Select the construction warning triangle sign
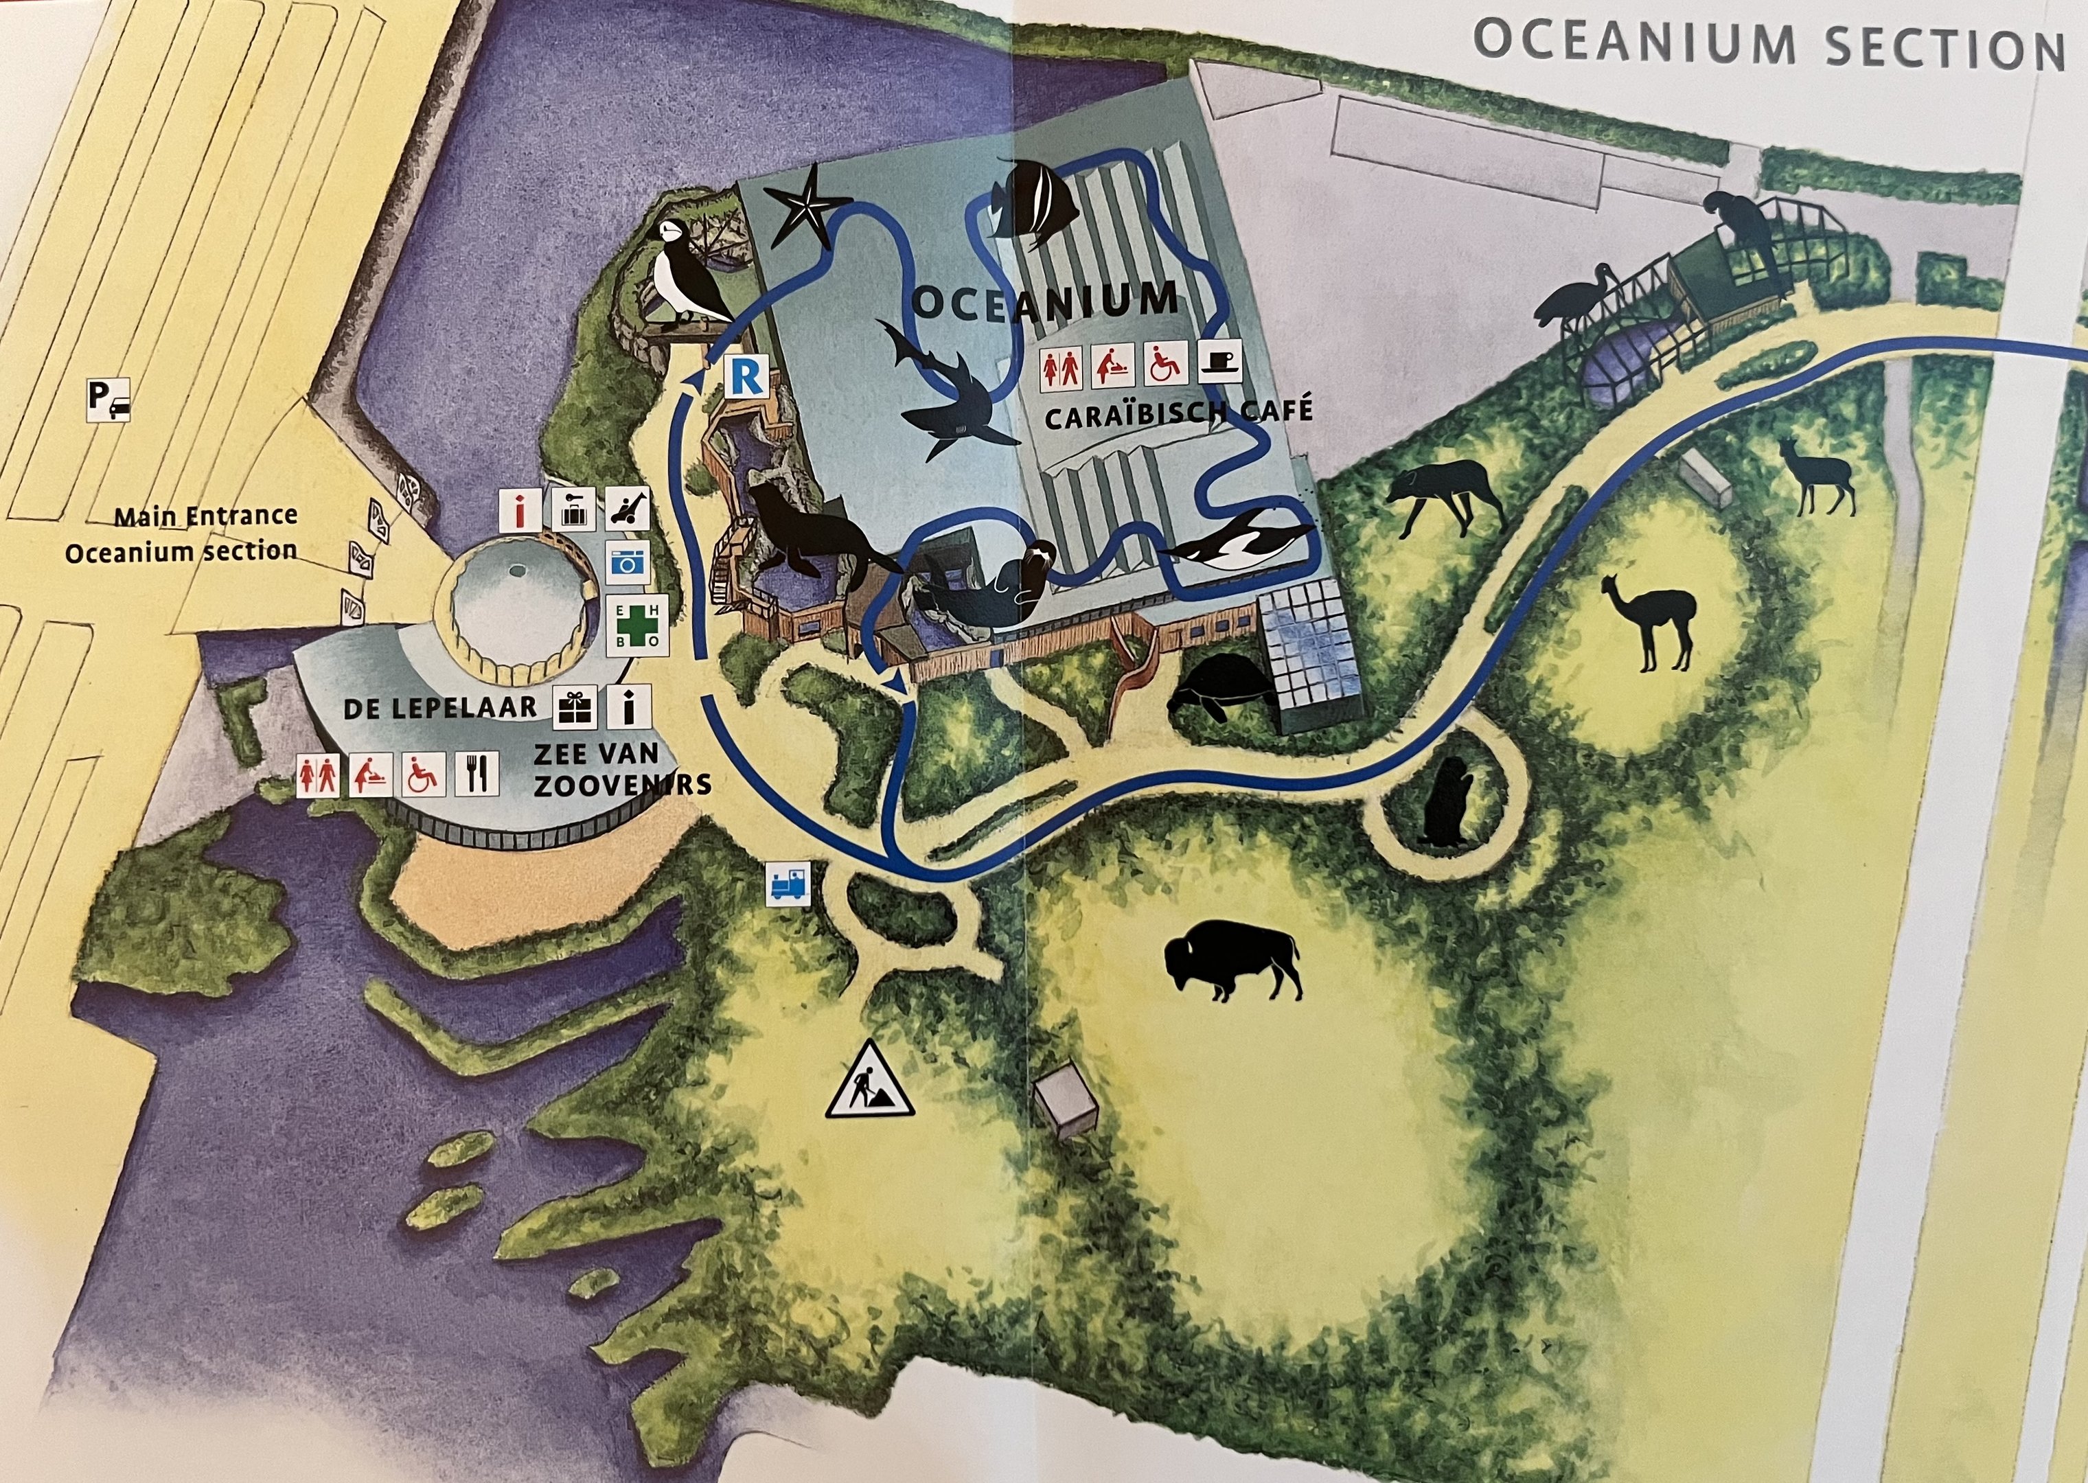(x=869, y=1081)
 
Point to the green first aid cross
(x=637, y=625)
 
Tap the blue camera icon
(x=627, y=562)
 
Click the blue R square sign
(x=746, y=377)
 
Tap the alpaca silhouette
(x=1650, y=620)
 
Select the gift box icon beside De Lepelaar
(x=575, y=708)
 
